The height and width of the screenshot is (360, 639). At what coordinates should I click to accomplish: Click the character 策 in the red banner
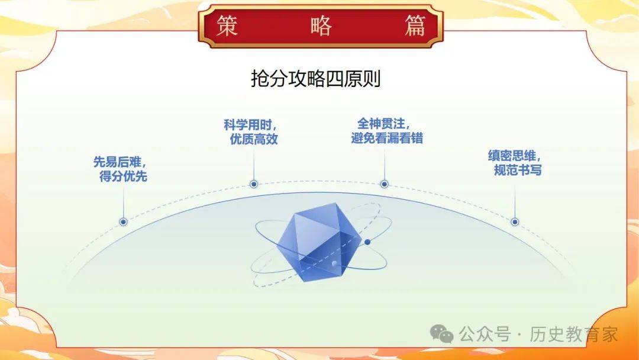[227, 25]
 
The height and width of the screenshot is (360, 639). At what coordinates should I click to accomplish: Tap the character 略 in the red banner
[321, 25]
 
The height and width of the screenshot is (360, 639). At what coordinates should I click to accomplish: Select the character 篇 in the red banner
[415, 25]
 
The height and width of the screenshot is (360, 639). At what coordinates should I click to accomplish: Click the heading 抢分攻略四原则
[316, 79]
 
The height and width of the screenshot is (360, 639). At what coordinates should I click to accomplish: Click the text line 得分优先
[123, 176]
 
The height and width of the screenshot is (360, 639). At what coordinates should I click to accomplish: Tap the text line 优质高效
[254, 139]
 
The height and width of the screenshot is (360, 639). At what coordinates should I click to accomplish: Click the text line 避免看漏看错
[387, 138]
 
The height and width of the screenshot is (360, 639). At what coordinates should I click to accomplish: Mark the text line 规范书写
[518, 169]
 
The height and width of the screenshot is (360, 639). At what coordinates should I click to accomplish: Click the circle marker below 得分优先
[124, 222]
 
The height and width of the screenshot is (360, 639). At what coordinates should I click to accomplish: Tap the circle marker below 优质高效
[254, 184]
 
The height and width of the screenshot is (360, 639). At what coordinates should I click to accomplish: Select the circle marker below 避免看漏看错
[385, 184]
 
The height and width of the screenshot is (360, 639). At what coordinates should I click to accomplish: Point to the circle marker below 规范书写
[515, 222]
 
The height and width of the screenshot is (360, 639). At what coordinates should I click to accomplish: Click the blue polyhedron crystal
[319, 242]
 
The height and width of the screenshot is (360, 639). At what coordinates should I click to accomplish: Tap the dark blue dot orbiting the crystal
[367, 242]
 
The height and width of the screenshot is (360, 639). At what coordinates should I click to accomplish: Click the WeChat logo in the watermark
[442, 334]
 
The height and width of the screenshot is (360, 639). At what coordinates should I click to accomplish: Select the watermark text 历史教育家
[574, 335]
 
